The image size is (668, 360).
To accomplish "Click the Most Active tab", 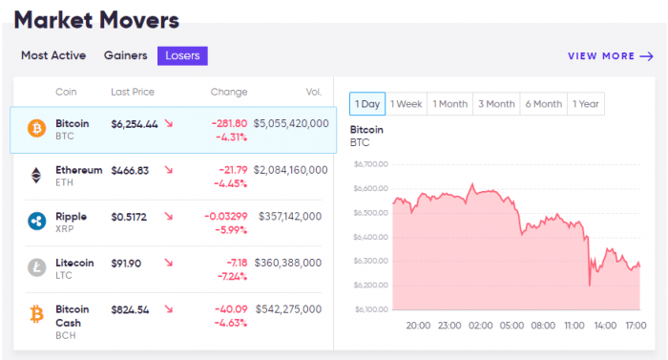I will point(53,55).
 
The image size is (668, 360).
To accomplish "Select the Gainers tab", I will point(125,55).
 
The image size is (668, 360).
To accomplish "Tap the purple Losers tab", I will point(182,55).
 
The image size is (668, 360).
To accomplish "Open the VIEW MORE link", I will point(610,56).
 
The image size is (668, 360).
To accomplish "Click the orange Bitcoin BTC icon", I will point(37,129).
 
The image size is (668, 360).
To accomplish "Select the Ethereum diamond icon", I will point(37,176).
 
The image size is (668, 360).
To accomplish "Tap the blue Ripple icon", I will point(37,222).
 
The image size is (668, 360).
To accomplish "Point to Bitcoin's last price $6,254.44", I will point(135,124).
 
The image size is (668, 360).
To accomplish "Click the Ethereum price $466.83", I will point(130,170).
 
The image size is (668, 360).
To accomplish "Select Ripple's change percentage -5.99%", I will point(230,230).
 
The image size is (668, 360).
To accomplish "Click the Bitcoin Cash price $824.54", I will point(130,309).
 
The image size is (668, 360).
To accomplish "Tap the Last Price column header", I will point(133,92).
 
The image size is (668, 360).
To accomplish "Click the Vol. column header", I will point(314,92).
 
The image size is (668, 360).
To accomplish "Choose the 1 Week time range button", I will point(407,104).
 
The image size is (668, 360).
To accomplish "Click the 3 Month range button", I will point(496,104).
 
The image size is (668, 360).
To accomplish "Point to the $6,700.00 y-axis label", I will point(370,164).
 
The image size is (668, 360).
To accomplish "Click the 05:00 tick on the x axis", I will point(511,325).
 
